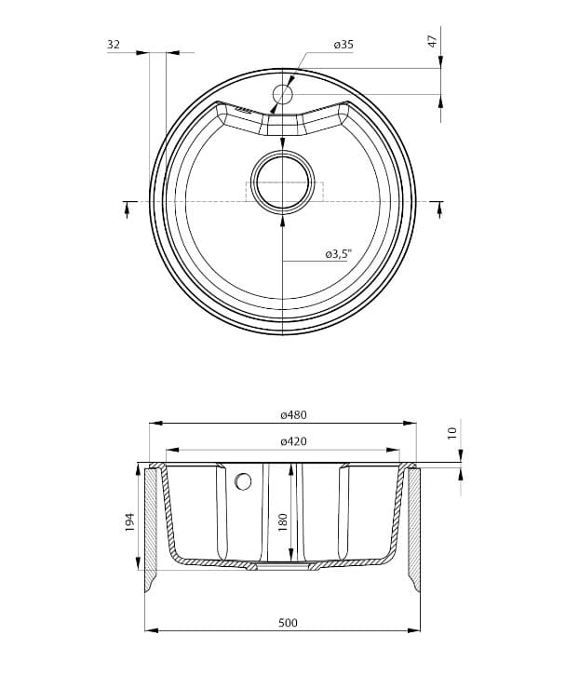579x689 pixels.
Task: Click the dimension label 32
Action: (x=114, y=45)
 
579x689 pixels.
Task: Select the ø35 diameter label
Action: (x=343, y=45)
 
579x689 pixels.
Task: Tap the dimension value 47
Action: (x=431, y=42)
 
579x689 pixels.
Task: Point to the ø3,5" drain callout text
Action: (x=338, y=253)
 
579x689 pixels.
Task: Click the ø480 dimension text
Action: (x=293, y=414)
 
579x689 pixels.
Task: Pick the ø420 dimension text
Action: (x=293, y=441)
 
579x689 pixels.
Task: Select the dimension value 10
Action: (x=452, y=433)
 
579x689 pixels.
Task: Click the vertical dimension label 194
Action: (x=130, y=522)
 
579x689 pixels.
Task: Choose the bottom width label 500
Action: (x=288, y=622)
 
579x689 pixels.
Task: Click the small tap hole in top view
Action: (x=282, y=94)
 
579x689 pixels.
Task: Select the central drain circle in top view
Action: (x=282, y=182)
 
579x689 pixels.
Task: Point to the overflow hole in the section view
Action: (x=244, y=481)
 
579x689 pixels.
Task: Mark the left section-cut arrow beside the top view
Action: (x=127, y=209)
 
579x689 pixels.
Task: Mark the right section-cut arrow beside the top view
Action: (x=438, y=209)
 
